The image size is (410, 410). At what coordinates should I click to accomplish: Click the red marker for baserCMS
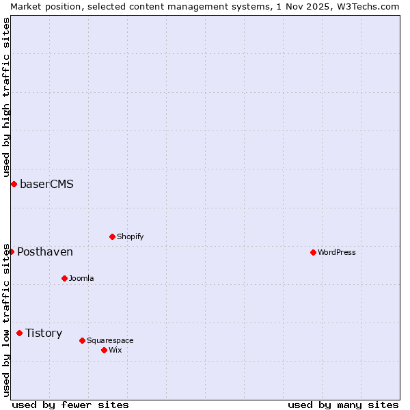[x=14, y=184]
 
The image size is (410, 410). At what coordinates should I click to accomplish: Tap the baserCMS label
[x=46, y=184]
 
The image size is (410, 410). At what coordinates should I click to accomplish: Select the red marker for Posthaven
[x=12, y=251]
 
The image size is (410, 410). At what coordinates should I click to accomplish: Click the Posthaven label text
[x=45, y=252]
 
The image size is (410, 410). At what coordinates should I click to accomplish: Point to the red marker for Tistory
[x=20, y=333]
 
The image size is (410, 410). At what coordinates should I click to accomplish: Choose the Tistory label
[x=44, y=333]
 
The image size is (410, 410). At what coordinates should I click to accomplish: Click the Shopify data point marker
[x=113, y=236]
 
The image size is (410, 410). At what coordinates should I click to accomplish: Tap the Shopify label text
[x=130, y=237]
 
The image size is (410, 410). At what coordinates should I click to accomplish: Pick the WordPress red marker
[x=314, y=252]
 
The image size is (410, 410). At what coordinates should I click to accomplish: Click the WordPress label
[x=336, y=253]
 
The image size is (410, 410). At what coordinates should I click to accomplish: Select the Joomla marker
[x=65, y=278]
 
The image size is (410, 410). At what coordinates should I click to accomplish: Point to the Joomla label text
[x=81, y=279]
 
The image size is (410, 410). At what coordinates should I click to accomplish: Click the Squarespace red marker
[x=83, y=340]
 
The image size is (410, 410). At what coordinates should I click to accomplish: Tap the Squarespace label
[x=110, y=341]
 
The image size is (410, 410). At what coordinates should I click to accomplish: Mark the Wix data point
[x=105, y=350]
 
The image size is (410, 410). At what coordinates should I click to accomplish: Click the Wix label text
[x=115, y=351]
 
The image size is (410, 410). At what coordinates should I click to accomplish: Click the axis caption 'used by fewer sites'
[x=70, y=405]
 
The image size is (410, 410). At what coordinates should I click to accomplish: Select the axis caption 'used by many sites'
[x=343, y=405]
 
